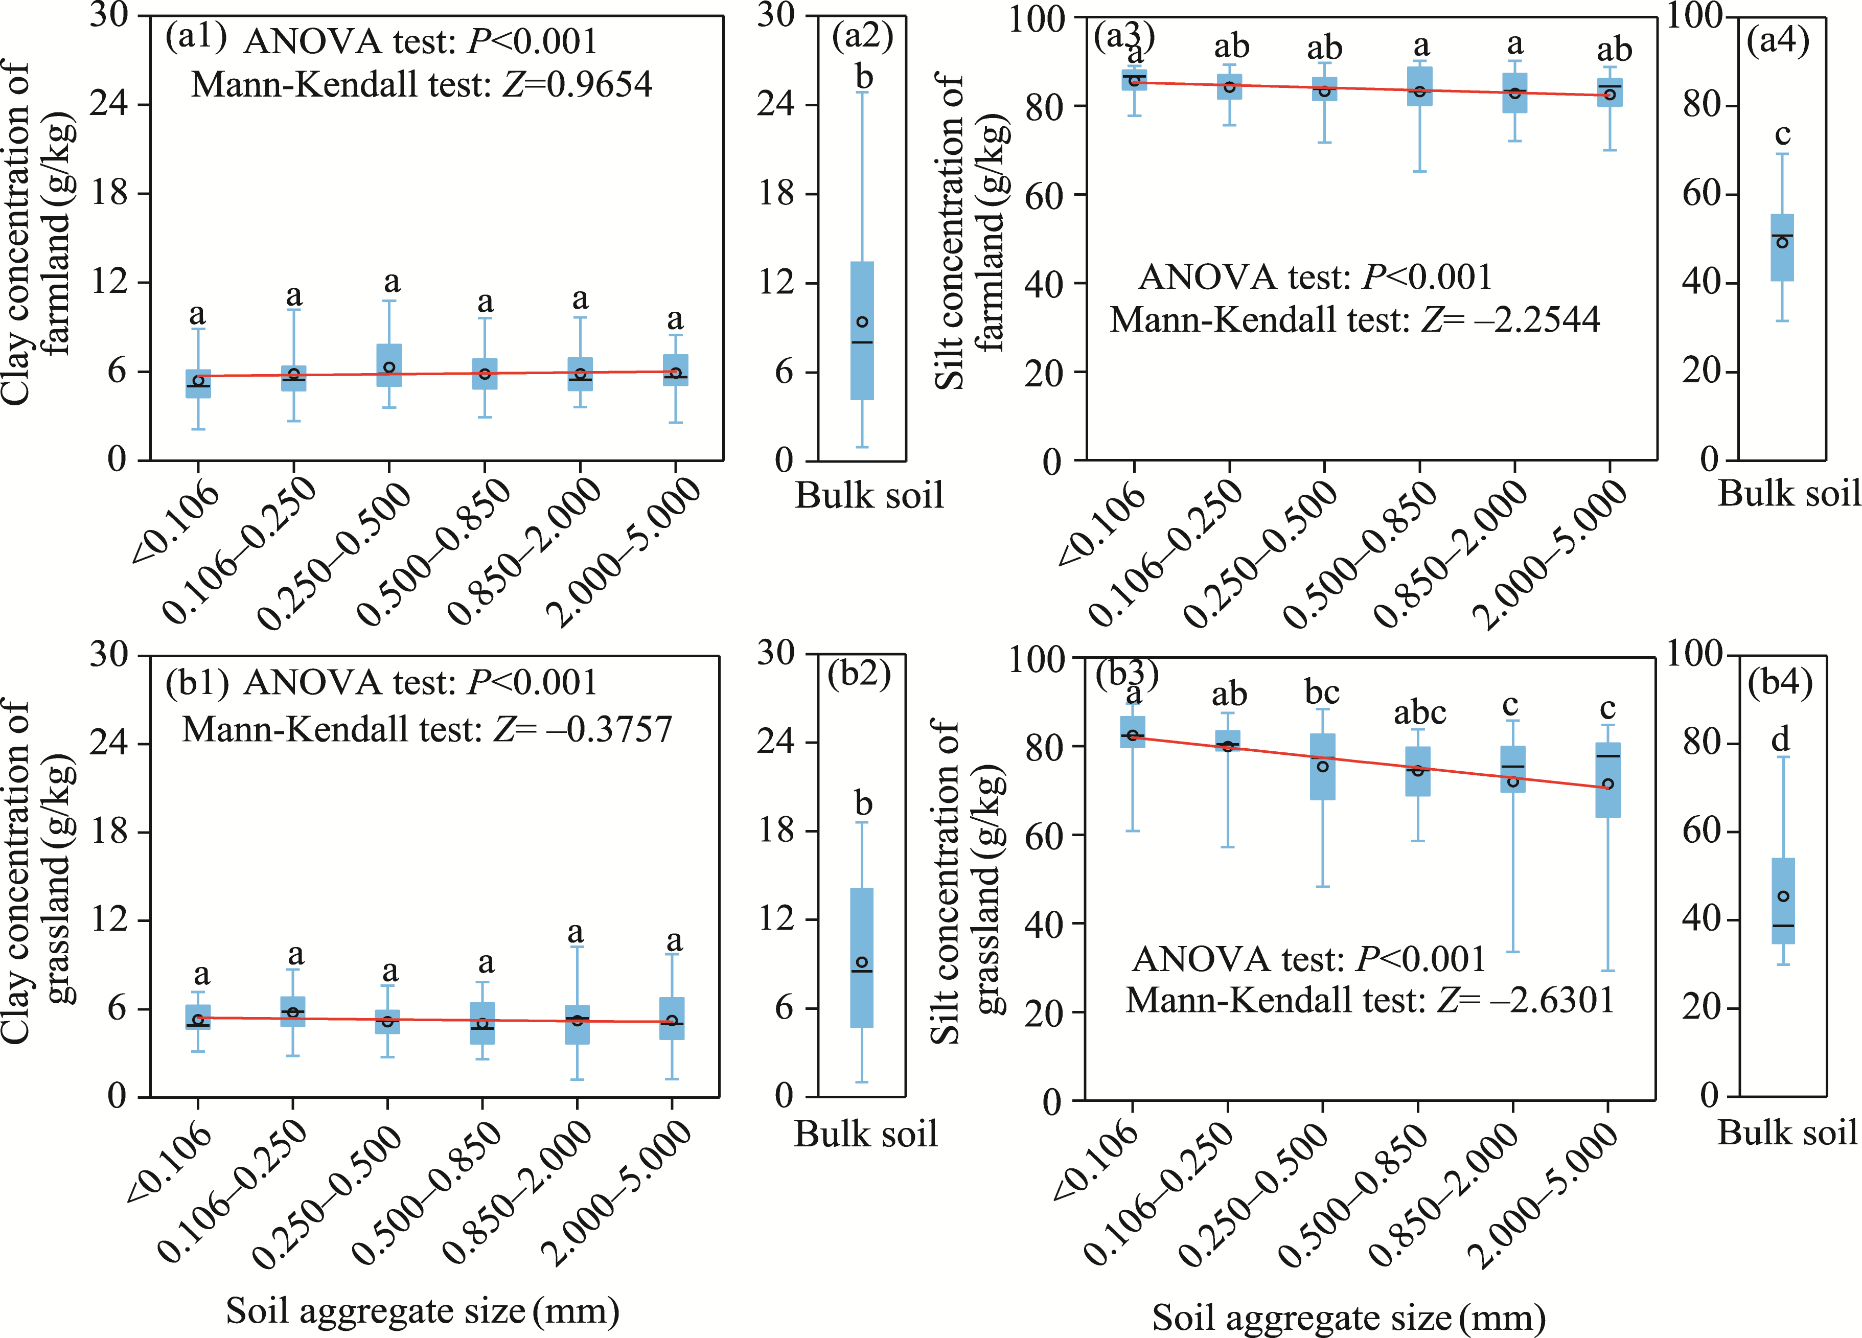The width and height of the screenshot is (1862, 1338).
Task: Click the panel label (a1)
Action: [195, 37]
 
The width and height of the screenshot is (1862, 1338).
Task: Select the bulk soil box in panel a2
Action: [862, 331]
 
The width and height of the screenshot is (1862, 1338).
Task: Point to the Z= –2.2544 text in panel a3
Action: [1511, 319]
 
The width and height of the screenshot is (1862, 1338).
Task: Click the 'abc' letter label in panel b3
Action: [1419, 712]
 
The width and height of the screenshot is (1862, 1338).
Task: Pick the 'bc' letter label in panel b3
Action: [1322, 693]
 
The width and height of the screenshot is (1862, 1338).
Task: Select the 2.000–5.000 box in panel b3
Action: [1607, 780]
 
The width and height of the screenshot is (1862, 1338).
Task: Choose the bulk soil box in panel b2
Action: [862, 957]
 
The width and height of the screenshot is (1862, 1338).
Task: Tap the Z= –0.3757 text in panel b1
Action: [583, 729]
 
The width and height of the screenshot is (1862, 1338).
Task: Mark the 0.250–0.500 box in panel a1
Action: [389, 365]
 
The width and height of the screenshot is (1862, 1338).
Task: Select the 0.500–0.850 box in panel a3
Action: [1419, 86]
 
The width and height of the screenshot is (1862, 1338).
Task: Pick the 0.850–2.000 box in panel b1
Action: [577, 1024]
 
